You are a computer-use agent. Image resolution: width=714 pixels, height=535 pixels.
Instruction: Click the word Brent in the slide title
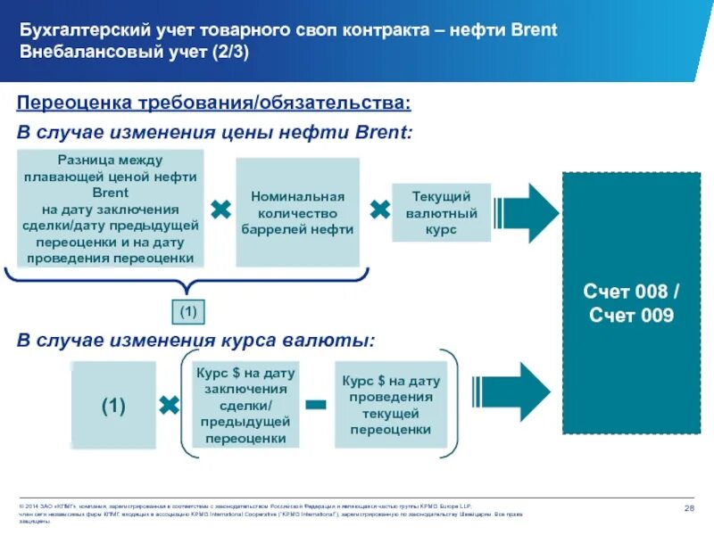535,31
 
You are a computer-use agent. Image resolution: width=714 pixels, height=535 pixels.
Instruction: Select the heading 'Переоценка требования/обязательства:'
214,104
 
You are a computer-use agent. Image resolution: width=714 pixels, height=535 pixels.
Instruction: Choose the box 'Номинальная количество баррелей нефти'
297,212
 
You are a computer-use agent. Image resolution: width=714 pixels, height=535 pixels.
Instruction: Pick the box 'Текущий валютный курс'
441,212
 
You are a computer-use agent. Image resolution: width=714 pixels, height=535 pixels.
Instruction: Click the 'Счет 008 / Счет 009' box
630,303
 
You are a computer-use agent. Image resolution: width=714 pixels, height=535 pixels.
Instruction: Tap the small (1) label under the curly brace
187,312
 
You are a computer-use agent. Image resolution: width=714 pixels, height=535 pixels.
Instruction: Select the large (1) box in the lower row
113,406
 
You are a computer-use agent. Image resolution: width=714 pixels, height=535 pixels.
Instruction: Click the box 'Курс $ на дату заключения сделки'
245,404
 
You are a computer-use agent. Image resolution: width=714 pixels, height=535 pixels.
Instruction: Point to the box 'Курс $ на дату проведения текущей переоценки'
390,404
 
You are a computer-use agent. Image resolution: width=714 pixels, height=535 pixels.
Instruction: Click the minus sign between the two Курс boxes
316,406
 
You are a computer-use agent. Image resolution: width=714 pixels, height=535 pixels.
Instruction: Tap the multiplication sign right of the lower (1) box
168,406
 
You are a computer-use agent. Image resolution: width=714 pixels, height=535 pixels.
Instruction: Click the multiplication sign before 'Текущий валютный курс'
380,210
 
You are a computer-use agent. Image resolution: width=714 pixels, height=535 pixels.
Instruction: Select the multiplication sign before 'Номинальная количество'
220,210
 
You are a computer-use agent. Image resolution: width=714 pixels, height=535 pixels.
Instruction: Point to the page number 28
689,507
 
